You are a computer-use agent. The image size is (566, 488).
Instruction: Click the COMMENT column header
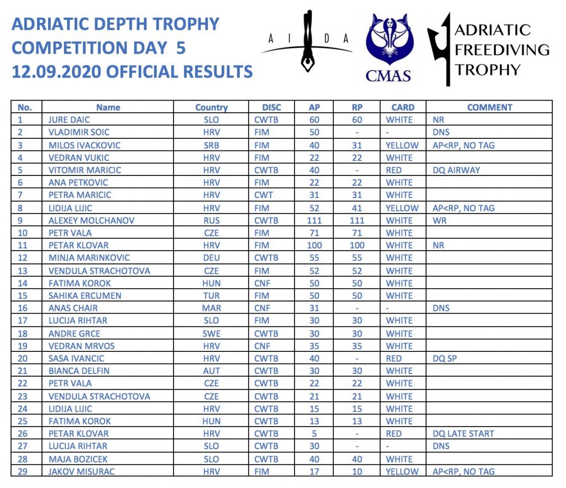pos(489,107)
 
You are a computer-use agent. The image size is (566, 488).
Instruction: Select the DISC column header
pos(271,107)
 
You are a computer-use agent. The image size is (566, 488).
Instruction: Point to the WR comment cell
pos(439,220)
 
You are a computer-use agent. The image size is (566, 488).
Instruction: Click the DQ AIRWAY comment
pos(456,170)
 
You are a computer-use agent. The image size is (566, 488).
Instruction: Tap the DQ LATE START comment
pos(463,433)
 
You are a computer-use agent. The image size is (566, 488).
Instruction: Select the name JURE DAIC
pos(69,120)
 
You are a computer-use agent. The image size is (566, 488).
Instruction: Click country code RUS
pos(211,220)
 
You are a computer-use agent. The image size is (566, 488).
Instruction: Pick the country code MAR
pos(211,308)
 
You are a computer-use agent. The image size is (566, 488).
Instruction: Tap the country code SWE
pos(211,334)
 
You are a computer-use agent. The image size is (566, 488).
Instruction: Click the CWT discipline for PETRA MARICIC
pos(264,195)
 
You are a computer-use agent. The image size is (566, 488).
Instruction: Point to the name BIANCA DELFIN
pos(79,371)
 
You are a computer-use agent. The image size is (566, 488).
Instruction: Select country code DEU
pos(211,258)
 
